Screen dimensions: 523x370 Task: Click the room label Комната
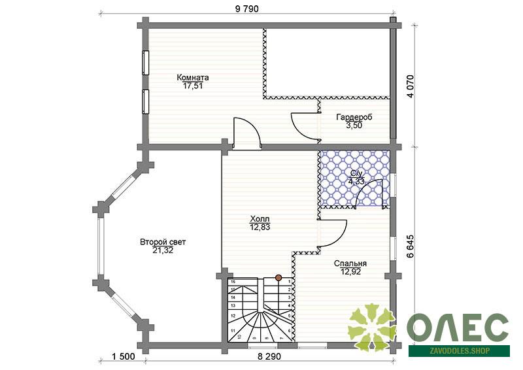tap(193, 78)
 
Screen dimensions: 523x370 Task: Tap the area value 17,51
tap(193, 86)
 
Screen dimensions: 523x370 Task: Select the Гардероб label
tap(354, 118)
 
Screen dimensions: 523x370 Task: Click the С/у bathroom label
tap(356, 173)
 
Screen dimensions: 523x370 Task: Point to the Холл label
tap(260, 219)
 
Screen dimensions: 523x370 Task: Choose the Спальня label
tap(350, 263)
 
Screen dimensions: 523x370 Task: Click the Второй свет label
tap(163, 242)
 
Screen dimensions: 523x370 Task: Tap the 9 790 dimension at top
tap(247, 9)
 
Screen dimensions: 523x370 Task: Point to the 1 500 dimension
tap(124, 356)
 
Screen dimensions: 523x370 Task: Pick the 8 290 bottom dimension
tap(269, 356)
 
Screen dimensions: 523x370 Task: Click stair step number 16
tap(233, 282)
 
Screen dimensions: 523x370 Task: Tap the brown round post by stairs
tap(278, 277)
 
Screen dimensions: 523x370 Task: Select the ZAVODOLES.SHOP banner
tap(460, 351)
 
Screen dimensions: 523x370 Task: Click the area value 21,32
tap(163, 250)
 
